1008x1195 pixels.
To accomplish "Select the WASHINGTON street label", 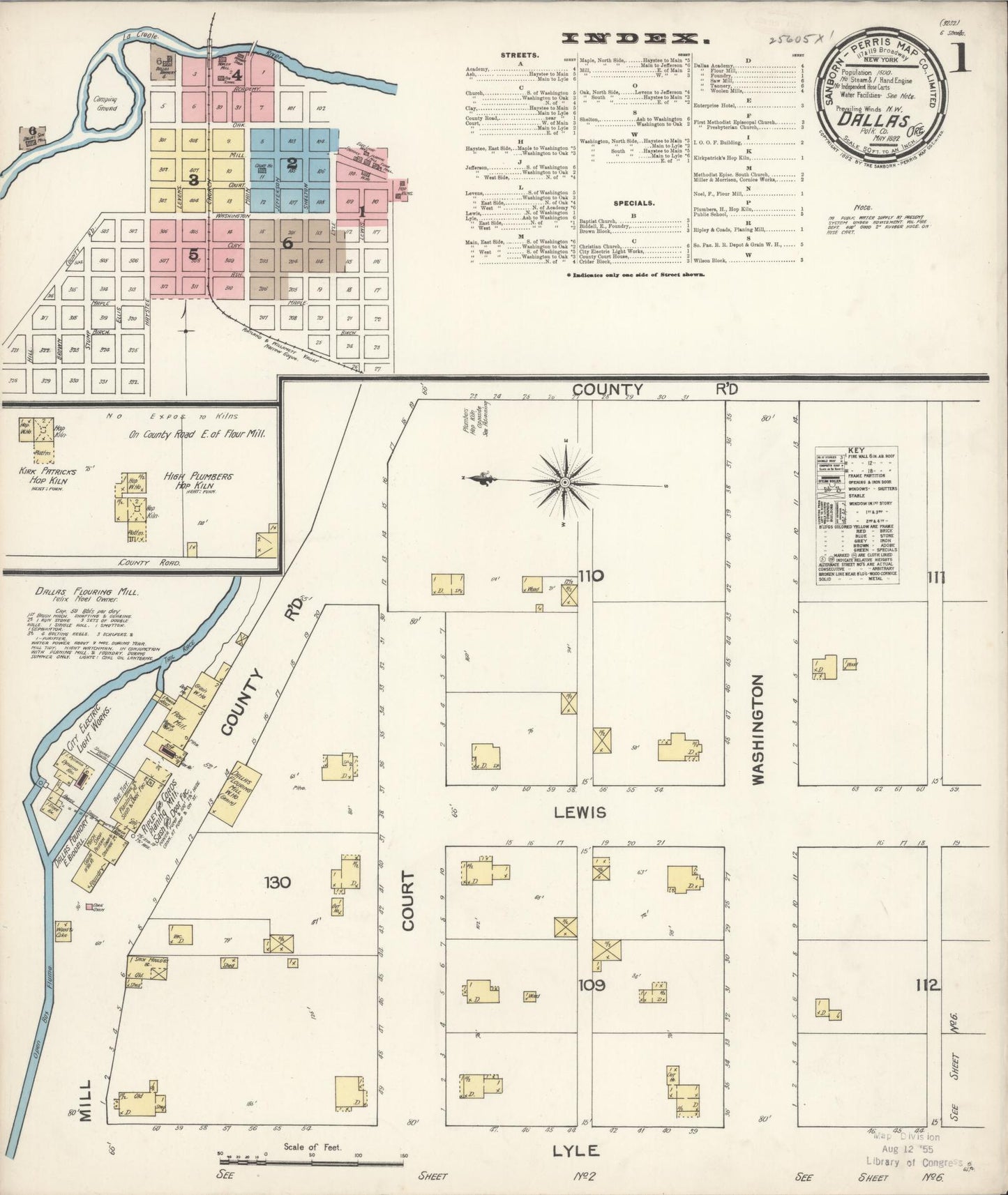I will click(x=759, y=729).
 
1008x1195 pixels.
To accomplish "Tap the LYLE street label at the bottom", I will click(x=576, y=1150).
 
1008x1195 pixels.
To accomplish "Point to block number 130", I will click(x=277, y=883).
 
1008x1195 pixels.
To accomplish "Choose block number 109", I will click(x=592, y=986).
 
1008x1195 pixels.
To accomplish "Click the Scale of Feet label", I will click(x=312, y=1146).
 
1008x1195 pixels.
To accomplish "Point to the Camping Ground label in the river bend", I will click(x=107, y=104).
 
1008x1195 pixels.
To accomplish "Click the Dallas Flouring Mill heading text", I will click(x=88, y=591).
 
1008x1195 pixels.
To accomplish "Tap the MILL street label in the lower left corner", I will click(x=85, y=1102).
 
